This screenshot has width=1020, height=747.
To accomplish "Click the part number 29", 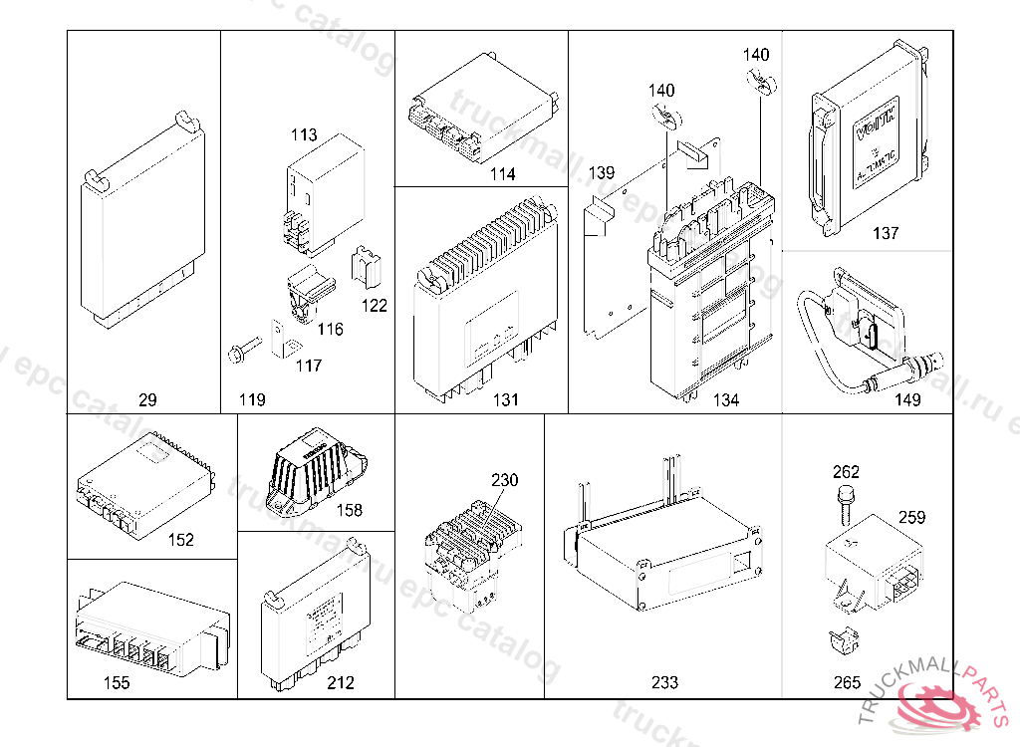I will tap(147, 400).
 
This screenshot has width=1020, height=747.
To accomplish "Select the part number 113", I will tap(304, 135).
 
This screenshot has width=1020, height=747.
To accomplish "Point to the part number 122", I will tap(374, 306).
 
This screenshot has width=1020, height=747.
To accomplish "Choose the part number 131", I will tap(506, 400).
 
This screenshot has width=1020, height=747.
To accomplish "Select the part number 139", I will tap(602, 172).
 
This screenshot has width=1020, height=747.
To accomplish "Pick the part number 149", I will tap(907, 400).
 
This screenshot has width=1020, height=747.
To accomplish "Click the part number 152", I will tap(180, 540).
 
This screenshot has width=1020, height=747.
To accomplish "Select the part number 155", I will tap(117, 683).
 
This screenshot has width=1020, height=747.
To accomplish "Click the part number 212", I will tap(340, 683).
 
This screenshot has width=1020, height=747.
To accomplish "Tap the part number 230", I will tap(504, 480).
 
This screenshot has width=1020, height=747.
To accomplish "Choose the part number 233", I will tap(664, 683).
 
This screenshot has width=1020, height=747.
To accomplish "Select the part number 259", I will tap(911, 517).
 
